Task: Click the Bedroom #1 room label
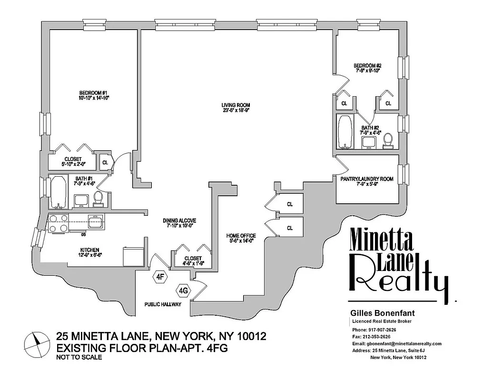point(94,95)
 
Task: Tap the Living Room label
point(236,107)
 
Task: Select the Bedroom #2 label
point(368,68)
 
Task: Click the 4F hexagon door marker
point(161,276)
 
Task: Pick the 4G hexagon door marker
point(183,290)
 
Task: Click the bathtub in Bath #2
point(345,131)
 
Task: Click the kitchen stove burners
point(58,223)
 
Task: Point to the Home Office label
point(241,238)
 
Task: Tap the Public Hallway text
point(163,304)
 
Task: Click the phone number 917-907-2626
point(382,330)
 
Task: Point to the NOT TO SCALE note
point(79,357)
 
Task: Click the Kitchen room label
point(89,252)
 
